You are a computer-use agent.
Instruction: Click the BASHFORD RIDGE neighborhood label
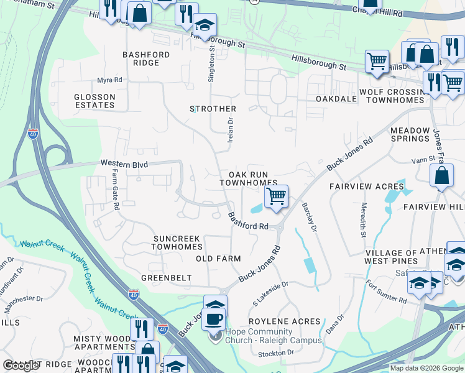coord(146,59)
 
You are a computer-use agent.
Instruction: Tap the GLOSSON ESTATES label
coord(94,101)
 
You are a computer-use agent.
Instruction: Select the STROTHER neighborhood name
coord(213,109)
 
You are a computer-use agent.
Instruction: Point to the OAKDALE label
coord(336,99)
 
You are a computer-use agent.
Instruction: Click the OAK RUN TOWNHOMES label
coord(248,179)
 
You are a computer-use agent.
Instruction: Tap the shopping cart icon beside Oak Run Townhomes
coord(275,196)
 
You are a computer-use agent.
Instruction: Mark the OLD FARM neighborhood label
coord(218,259)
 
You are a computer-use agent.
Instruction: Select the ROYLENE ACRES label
coord(285,322)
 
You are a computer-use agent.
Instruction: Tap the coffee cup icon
coord(213,319)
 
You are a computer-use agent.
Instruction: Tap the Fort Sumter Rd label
coord(386,292)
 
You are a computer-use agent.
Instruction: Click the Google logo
coord(21,366)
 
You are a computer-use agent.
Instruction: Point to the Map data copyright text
coord(426,368)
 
